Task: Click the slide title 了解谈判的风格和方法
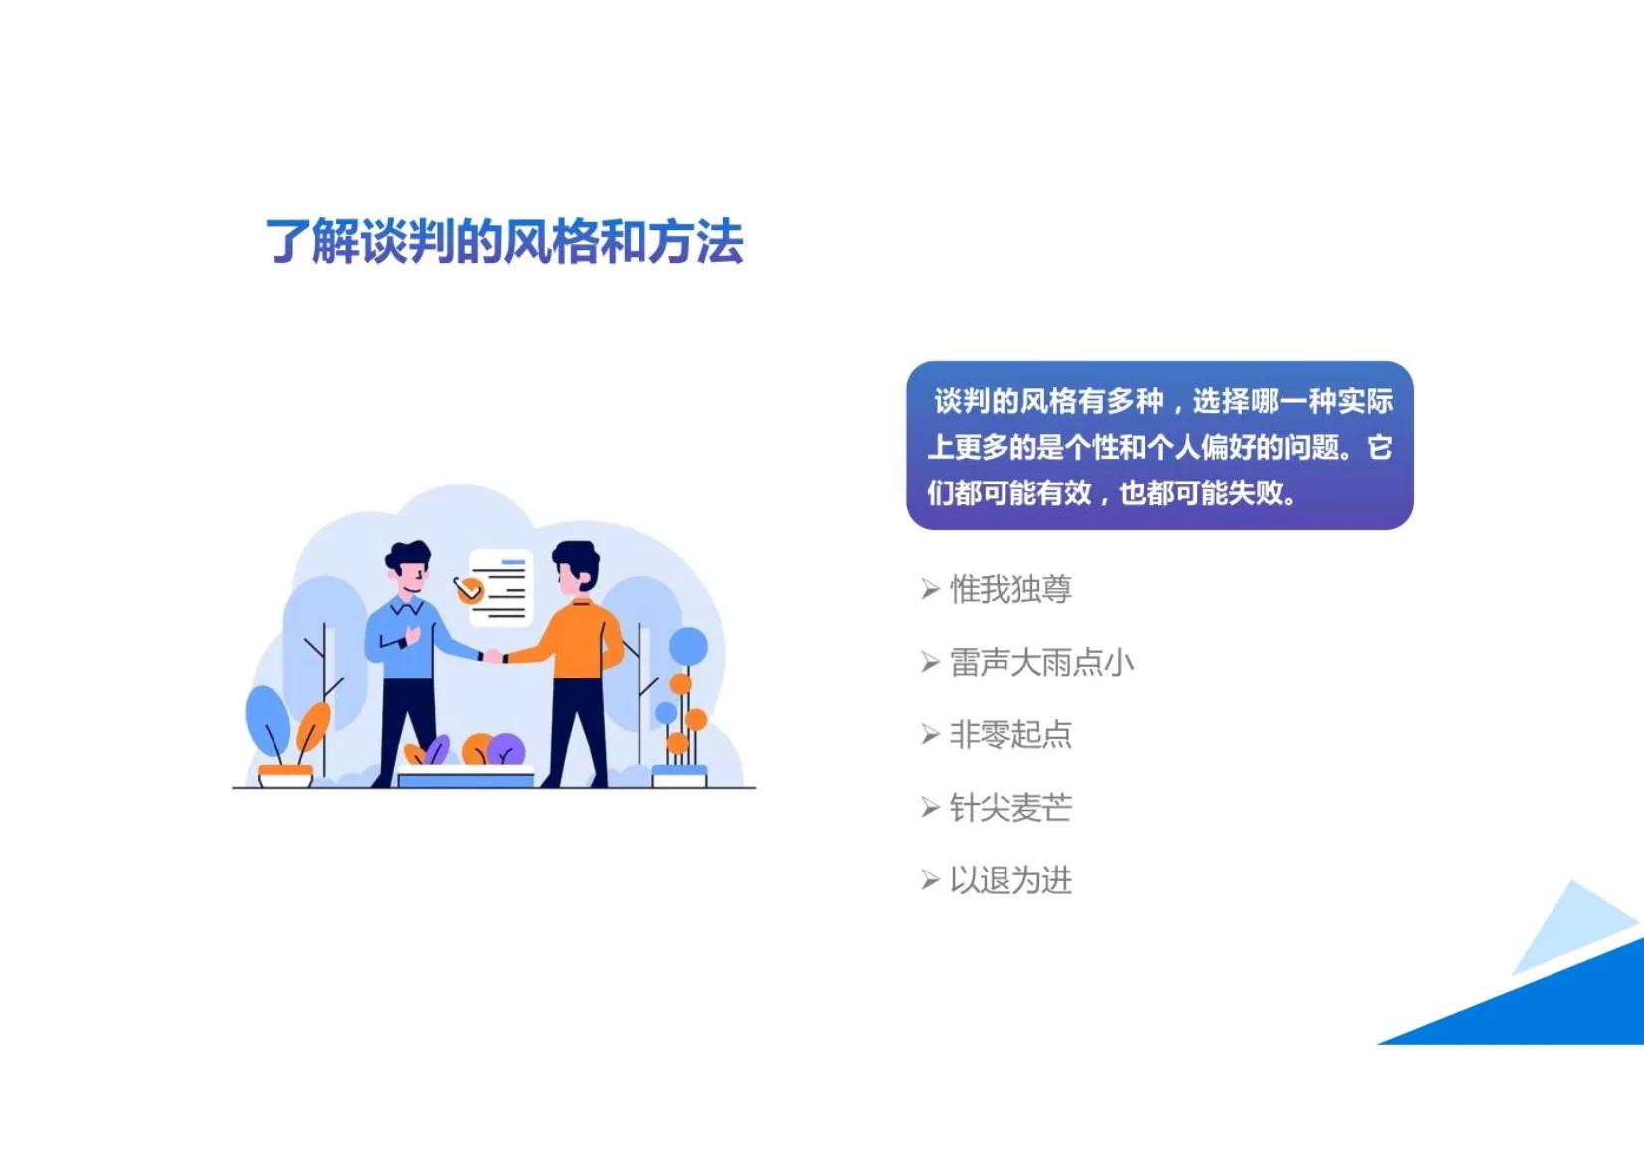tap(503, 242)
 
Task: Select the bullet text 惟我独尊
tap(1010, 590)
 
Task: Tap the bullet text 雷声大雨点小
tap(1041, 663)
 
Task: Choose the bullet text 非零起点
tap(1010, 735)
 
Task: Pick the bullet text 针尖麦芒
tap(1010, 808)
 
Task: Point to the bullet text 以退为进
tap(1010, 880)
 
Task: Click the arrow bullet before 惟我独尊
tap(930, 590)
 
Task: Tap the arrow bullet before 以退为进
tap(930, 880)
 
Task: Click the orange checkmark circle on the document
tap(468, 590)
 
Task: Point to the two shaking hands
tap(493, 656)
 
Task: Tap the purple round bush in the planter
tap(507, 749)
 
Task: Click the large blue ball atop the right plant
tap(688, 646)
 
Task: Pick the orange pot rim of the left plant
tap(284, 770)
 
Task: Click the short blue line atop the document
tap(512, 563)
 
